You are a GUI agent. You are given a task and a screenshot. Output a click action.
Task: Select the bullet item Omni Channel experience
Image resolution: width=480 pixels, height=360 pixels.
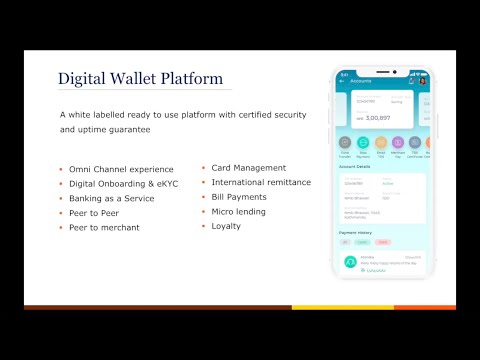pyautogui.click(x=122, y=170)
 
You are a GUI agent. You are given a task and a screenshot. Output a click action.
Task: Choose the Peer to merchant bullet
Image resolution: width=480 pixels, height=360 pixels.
pyautogui.click(x=106, y=229)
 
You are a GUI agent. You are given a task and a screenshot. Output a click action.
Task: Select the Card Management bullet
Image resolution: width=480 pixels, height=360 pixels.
pyautogui.click(x=248, y=167)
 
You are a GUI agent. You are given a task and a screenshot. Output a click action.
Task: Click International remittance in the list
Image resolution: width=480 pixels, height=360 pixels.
pyautogui.click(x=260, y=182)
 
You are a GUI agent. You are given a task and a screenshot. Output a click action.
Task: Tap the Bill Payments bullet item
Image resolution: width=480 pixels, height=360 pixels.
pyautogui.click(x=238, y=197)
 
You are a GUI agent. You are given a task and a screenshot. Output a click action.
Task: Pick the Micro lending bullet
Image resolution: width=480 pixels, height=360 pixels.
pyautogui.click(x=238, y=212)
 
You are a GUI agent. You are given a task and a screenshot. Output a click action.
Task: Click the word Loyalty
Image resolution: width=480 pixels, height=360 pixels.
pyautogui.click(x=226, y=227)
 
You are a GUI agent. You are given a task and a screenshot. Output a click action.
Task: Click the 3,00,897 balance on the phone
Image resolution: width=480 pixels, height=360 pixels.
pyautogui.click(x=377, y=118)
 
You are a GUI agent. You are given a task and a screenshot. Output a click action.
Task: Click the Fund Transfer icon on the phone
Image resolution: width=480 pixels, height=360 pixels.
pyautogui.click(x=346, y=143)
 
